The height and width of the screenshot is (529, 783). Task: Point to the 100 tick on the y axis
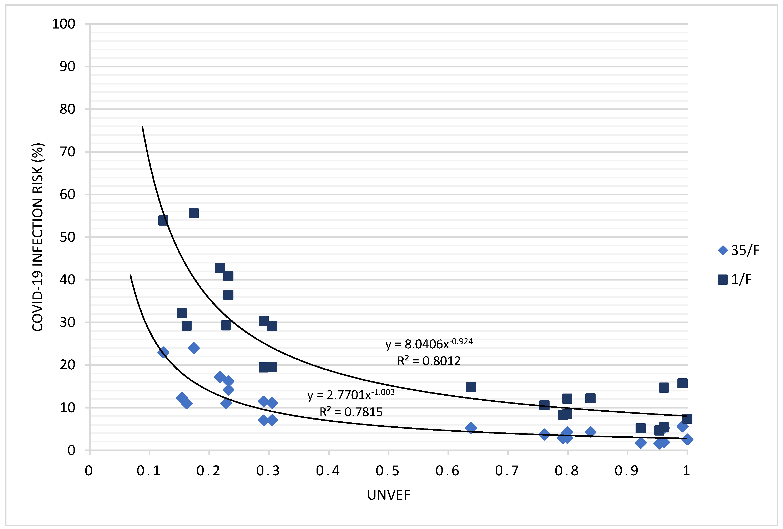point(64,24)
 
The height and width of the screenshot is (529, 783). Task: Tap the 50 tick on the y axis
point(67,237)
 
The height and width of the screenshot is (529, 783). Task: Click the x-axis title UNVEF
point(388,495)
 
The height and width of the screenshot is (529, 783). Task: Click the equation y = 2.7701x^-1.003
point(350,395)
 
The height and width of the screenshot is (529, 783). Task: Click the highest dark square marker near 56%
point(193,213)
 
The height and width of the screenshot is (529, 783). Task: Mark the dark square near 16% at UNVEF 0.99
point(682,383)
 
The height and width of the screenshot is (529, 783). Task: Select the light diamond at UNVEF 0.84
point(590,432)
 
